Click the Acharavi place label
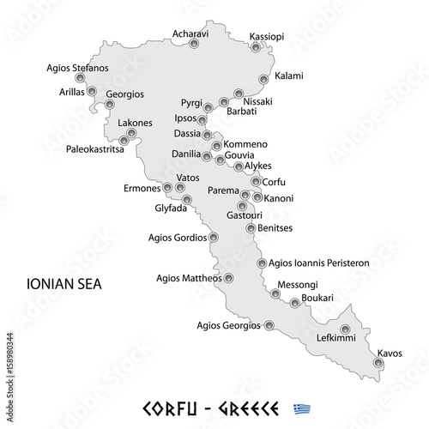pos(191,33)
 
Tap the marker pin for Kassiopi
pos(255,48)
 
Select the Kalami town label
pos(288,76)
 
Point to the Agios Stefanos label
pos(78,67)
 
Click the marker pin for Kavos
pos(378,363)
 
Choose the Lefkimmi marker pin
pos(345,329)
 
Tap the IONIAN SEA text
pos(64,282)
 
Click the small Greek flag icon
pos(301,408)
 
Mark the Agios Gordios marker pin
pos(214,237)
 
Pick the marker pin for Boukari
pos(295,302)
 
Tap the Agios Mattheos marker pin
pos(229,278)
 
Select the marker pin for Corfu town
pos(256,181)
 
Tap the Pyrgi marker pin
pos(208,108)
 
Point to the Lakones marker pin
pos(131,133)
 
